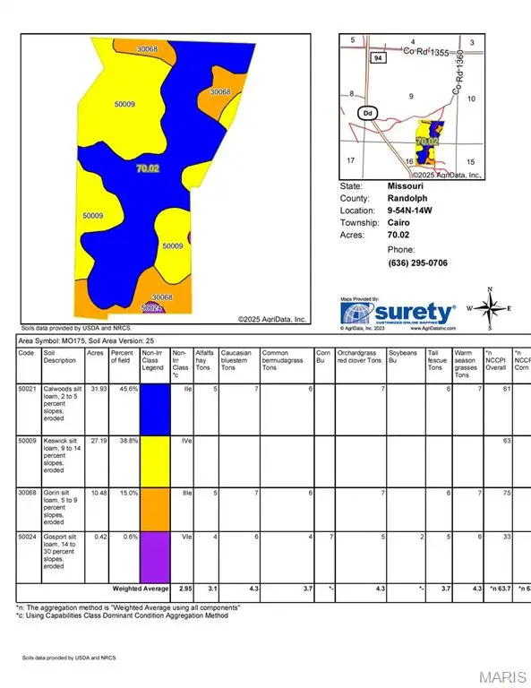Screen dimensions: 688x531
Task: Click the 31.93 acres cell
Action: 95,389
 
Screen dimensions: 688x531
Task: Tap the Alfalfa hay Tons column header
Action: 205,358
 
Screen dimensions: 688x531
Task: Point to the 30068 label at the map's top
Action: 149,48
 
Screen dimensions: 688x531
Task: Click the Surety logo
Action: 398,313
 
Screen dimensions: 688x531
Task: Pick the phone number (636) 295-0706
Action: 417,262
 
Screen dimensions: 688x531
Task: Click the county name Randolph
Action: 408,198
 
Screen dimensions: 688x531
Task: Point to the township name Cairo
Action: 399,223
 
